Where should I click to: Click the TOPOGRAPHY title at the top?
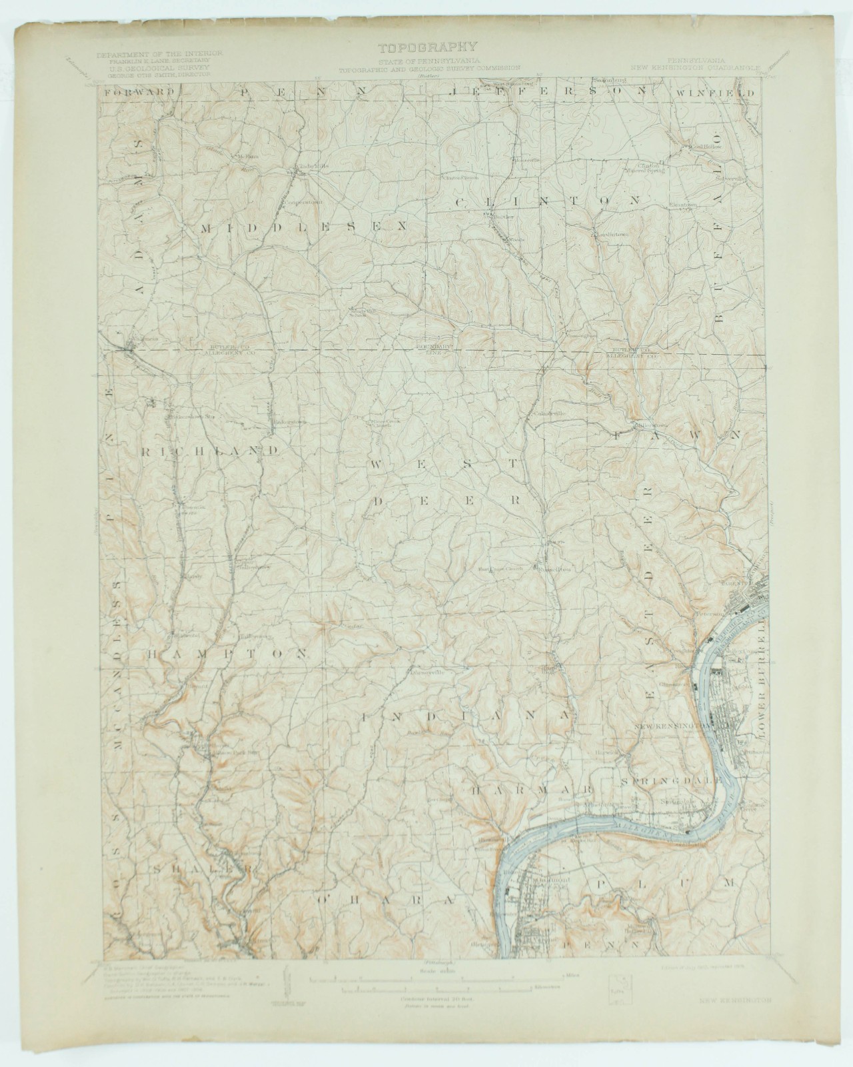pos(427,47)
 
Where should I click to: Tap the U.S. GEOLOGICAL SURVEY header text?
pos(159,68)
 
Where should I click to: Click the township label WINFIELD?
pos(716,93)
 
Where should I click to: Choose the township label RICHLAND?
pos(209,451)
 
